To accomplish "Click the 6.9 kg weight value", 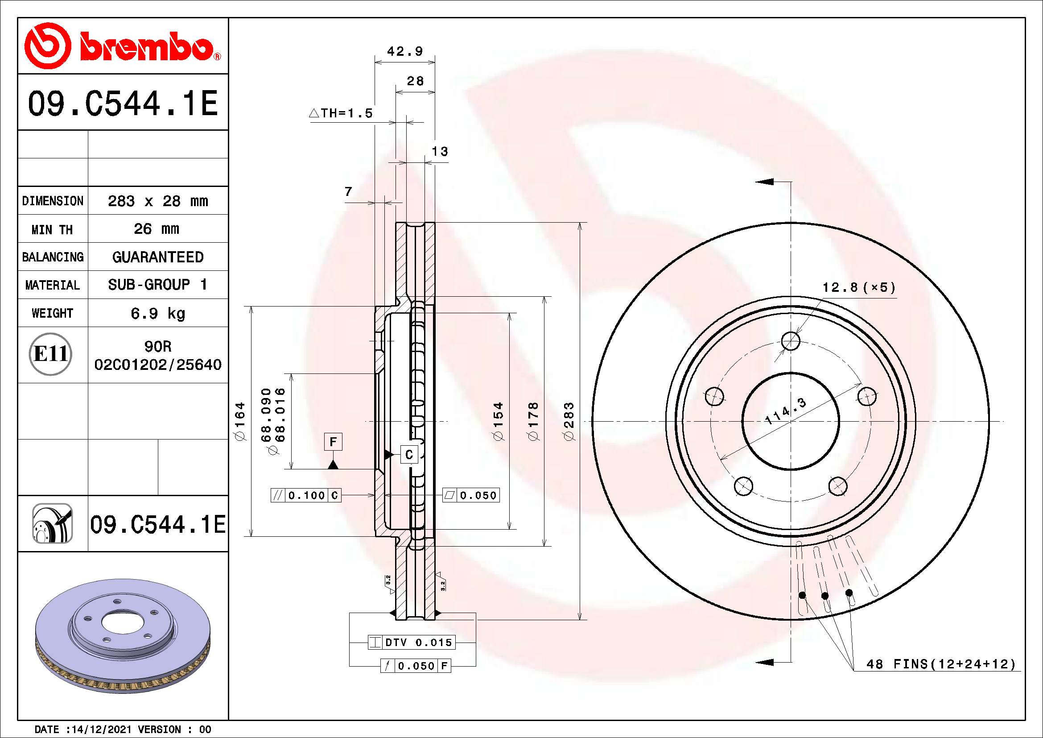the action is [x=157, y=313].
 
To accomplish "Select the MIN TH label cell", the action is [x=53, y=228].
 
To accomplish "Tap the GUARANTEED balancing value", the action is [x=157, y=257].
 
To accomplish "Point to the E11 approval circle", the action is [x=50, y=354].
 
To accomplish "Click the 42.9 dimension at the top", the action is [x=405, y=51].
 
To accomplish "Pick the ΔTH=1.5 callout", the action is [x=341, y=113].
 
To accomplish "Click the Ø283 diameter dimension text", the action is [x=569, y=421].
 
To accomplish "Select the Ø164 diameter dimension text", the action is [x=240, y=421].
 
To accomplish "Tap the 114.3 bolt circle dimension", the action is [x=785, y=410].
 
